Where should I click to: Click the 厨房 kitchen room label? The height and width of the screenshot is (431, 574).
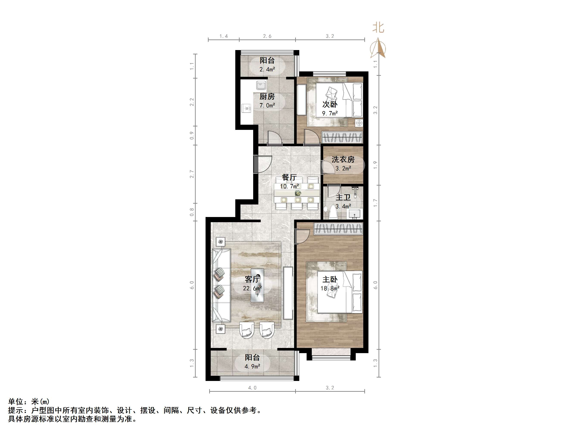pos(267,97)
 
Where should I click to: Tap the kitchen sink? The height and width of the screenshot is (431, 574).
pos(261,85)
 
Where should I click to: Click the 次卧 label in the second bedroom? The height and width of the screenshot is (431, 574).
pos(330,104)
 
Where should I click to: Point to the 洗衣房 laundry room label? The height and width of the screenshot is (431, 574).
pos(343,159)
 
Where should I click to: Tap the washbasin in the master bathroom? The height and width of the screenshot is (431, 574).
pos(354,214)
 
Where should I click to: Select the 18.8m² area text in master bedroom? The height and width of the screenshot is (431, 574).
pos(330,288)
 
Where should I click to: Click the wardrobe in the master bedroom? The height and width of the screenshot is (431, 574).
pos(338,229)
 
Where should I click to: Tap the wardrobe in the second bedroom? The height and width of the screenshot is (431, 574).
pos(342,137)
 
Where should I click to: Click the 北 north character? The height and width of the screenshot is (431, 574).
pos(378,28)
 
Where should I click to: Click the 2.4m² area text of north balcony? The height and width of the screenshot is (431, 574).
pos(267,69)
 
